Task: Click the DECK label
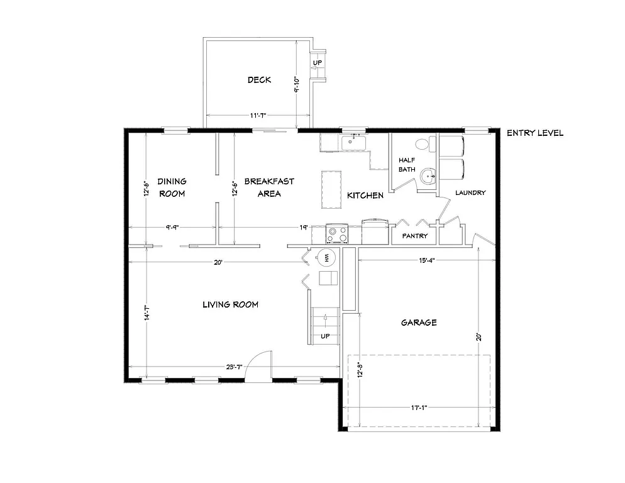[x=258, y=80]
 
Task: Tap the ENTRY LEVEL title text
[x=534, y=133]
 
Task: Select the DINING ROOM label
[x=172, y=187]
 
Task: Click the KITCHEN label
[x=365, y=196]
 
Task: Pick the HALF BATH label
[x=407, y=165]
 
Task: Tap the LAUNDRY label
[x=470, y=193]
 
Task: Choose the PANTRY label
[x=415, y=236]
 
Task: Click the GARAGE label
[x=419, y=323]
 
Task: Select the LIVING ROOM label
[x=230, y=305]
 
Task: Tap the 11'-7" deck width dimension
[x=258, y=116]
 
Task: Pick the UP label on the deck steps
[x=318, y=64]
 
